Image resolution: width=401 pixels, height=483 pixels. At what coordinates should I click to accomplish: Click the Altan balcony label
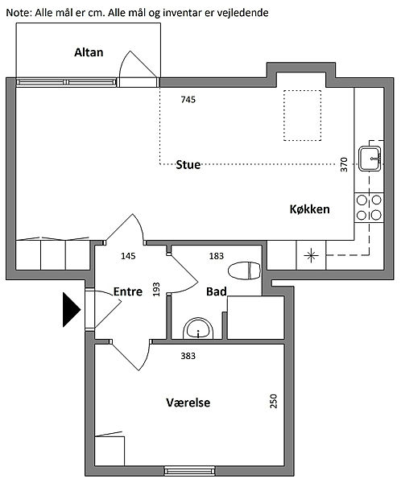point(89,52)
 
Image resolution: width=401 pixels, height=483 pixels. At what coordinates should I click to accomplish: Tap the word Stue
point(188,165)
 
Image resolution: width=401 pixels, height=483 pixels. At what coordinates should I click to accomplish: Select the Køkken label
point(309,209)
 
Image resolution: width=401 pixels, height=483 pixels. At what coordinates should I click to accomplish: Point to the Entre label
point(128,291)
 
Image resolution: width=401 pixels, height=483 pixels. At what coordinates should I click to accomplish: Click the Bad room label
point(217,291)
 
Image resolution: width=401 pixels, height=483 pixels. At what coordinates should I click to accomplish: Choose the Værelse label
point(188,402)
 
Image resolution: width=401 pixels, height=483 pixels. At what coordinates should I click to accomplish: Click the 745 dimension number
point(188,100)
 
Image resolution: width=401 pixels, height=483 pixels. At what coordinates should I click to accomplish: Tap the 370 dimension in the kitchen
point(344,164)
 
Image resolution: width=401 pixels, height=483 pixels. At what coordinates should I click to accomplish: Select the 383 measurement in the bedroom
point(188,356)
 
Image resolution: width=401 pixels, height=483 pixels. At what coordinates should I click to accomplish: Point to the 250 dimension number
point(274,401)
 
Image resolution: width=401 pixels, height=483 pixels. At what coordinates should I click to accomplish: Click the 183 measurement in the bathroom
point(217,256)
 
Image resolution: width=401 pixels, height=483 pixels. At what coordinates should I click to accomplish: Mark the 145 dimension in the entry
point(128,256)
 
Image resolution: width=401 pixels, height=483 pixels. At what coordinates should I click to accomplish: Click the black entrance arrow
point(72,310)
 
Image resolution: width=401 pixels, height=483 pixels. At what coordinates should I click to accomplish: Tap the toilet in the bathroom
point(245,270)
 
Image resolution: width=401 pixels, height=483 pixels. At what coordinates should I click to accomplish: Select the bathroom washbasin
point(198,328)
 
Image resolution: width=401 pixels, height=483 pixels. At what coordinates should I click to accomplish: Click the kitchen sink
point(370,159)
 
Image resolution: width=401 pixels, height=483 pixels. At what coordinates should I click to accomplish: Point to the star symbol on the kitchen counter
point(311,255)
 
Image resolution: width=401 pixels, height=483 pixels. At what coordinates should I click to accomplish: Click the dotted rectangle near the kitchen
point(302,115)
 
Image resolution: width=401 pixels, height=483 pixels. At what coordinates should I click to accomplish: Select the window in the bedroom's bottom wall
point(189,470)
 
